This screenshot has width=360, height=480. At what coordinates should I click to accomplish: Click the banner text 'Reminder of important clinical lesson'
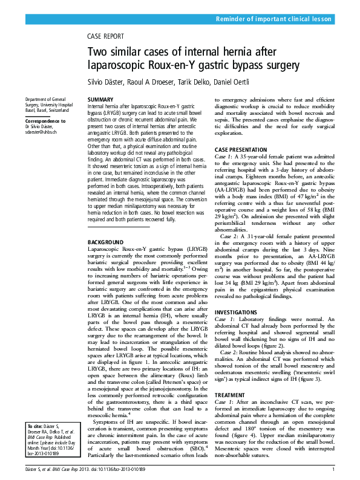point(274,19)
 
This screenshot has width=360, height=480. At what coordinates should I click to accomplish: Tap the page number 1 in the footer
point(333,469)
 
